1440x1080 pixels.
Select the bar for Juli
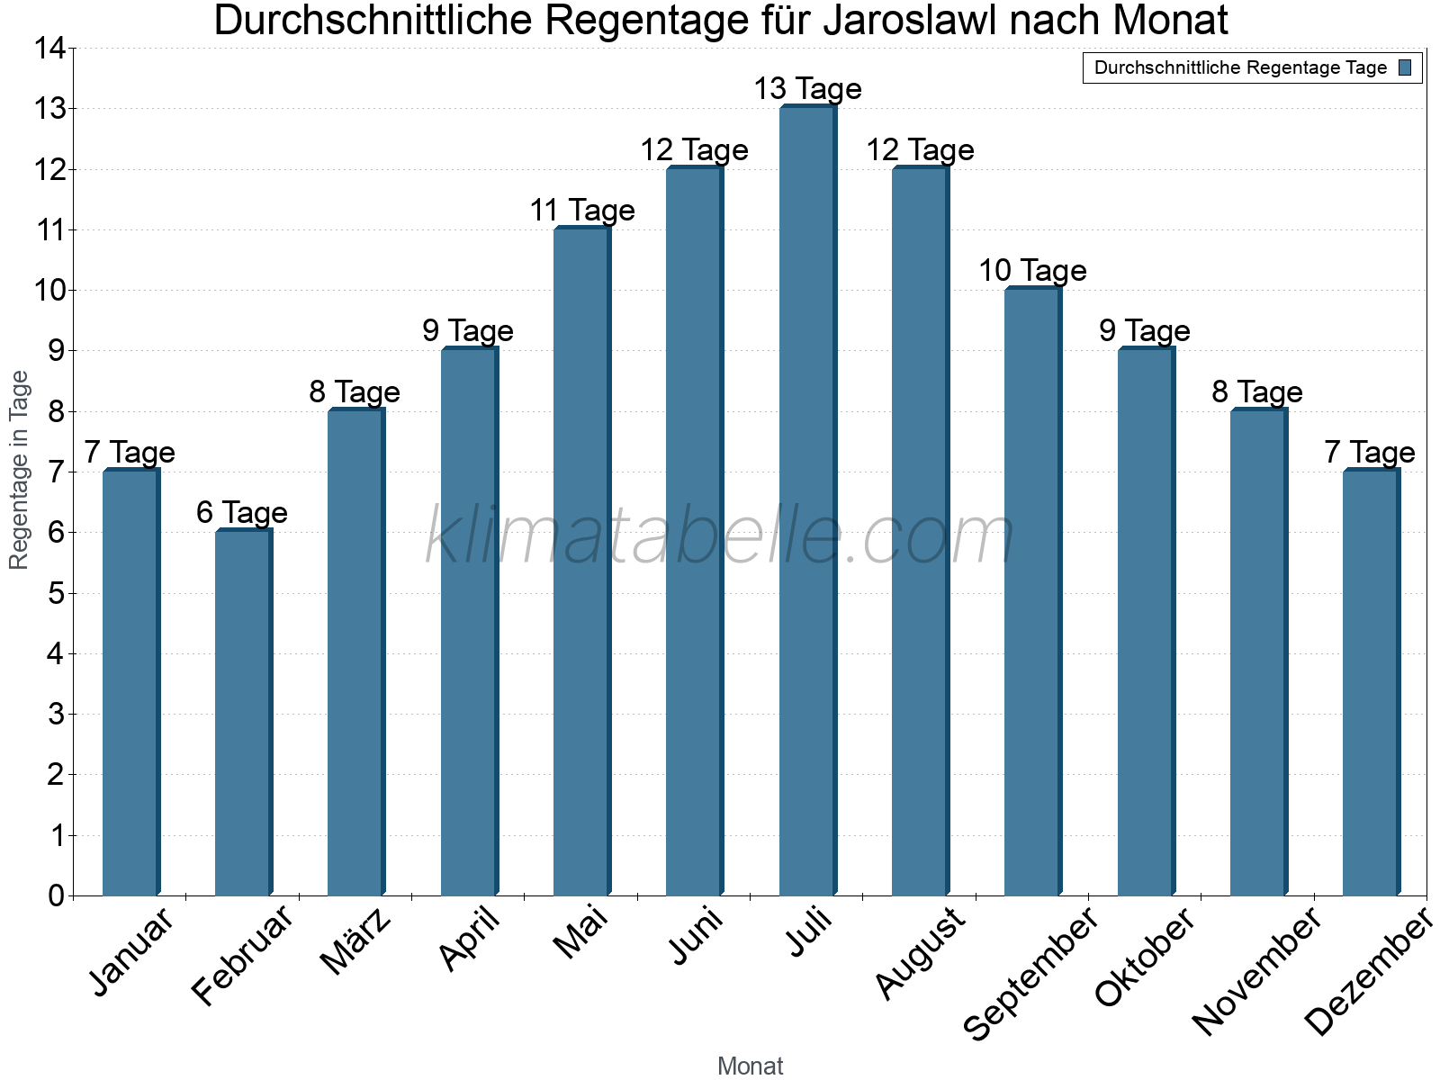pos(807,504)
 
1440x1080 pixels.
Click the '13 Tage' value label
pos(807,89)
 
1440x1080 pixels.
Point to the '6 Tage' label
pos(242,513)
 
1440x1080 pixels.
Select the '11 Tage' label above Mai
pos(582,211)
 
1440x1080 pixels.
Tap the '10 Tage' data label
pos(1032,271)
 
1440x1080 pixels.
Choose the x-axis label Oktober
pos(1145,957)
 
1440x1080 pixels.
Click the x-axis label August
pos(920,953)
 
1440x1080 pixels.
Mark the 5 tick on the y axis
pos(56,594)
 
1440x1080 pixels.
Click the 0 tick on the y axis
pos(56,896)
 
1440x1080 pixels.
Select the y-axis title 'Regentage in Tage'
pos(19,470)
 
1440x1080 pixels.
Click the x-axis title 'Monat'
pos(750,1066)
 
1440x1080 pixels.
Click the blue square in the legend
pos(1405,67)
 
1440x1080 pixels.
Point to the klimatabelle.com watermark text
pos(720,536)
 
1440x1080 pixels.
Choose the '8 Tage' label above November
pos(1257,392)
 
